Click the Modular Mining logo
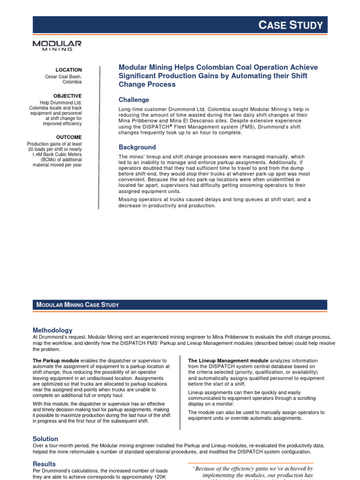pyautogui.click(x=57, y=45)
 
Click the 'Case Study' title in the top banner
pyautogui.click(x=291, y=25)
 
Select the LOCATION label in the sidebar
pyautogui.click(x=68, y=70)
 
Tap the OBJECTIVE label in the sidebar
pyautogui.click(x=67, y=96)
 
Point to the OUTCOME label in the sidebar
pyautogui.click(x=69, y=137)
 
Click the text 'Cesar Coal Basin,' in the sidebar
pyautogui.click(x=63, y=76)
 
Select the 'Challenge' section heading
pyautogui.click(x=134, y=100)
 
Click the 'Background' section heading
pyautogui.click(x=137, y=147)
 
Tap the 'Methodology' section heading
pyautogui.click(x=52, y=330)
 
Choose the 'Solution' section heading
pyautogui.click(x=45, y=439)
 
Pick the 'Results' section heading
pyautogui.click(x=44, y=464)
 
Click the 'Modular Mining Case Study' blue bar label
pyautogui.click(x=78, y=305)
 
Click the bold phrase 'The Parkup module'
pyautogui.click(x=56, y=360)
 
